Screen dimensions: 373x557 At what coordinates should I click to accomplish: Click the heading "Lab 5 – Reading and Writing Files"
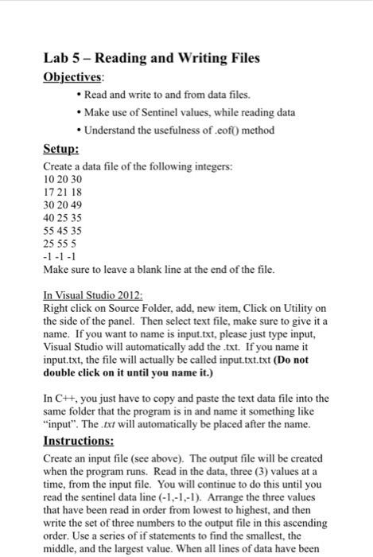151,57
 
